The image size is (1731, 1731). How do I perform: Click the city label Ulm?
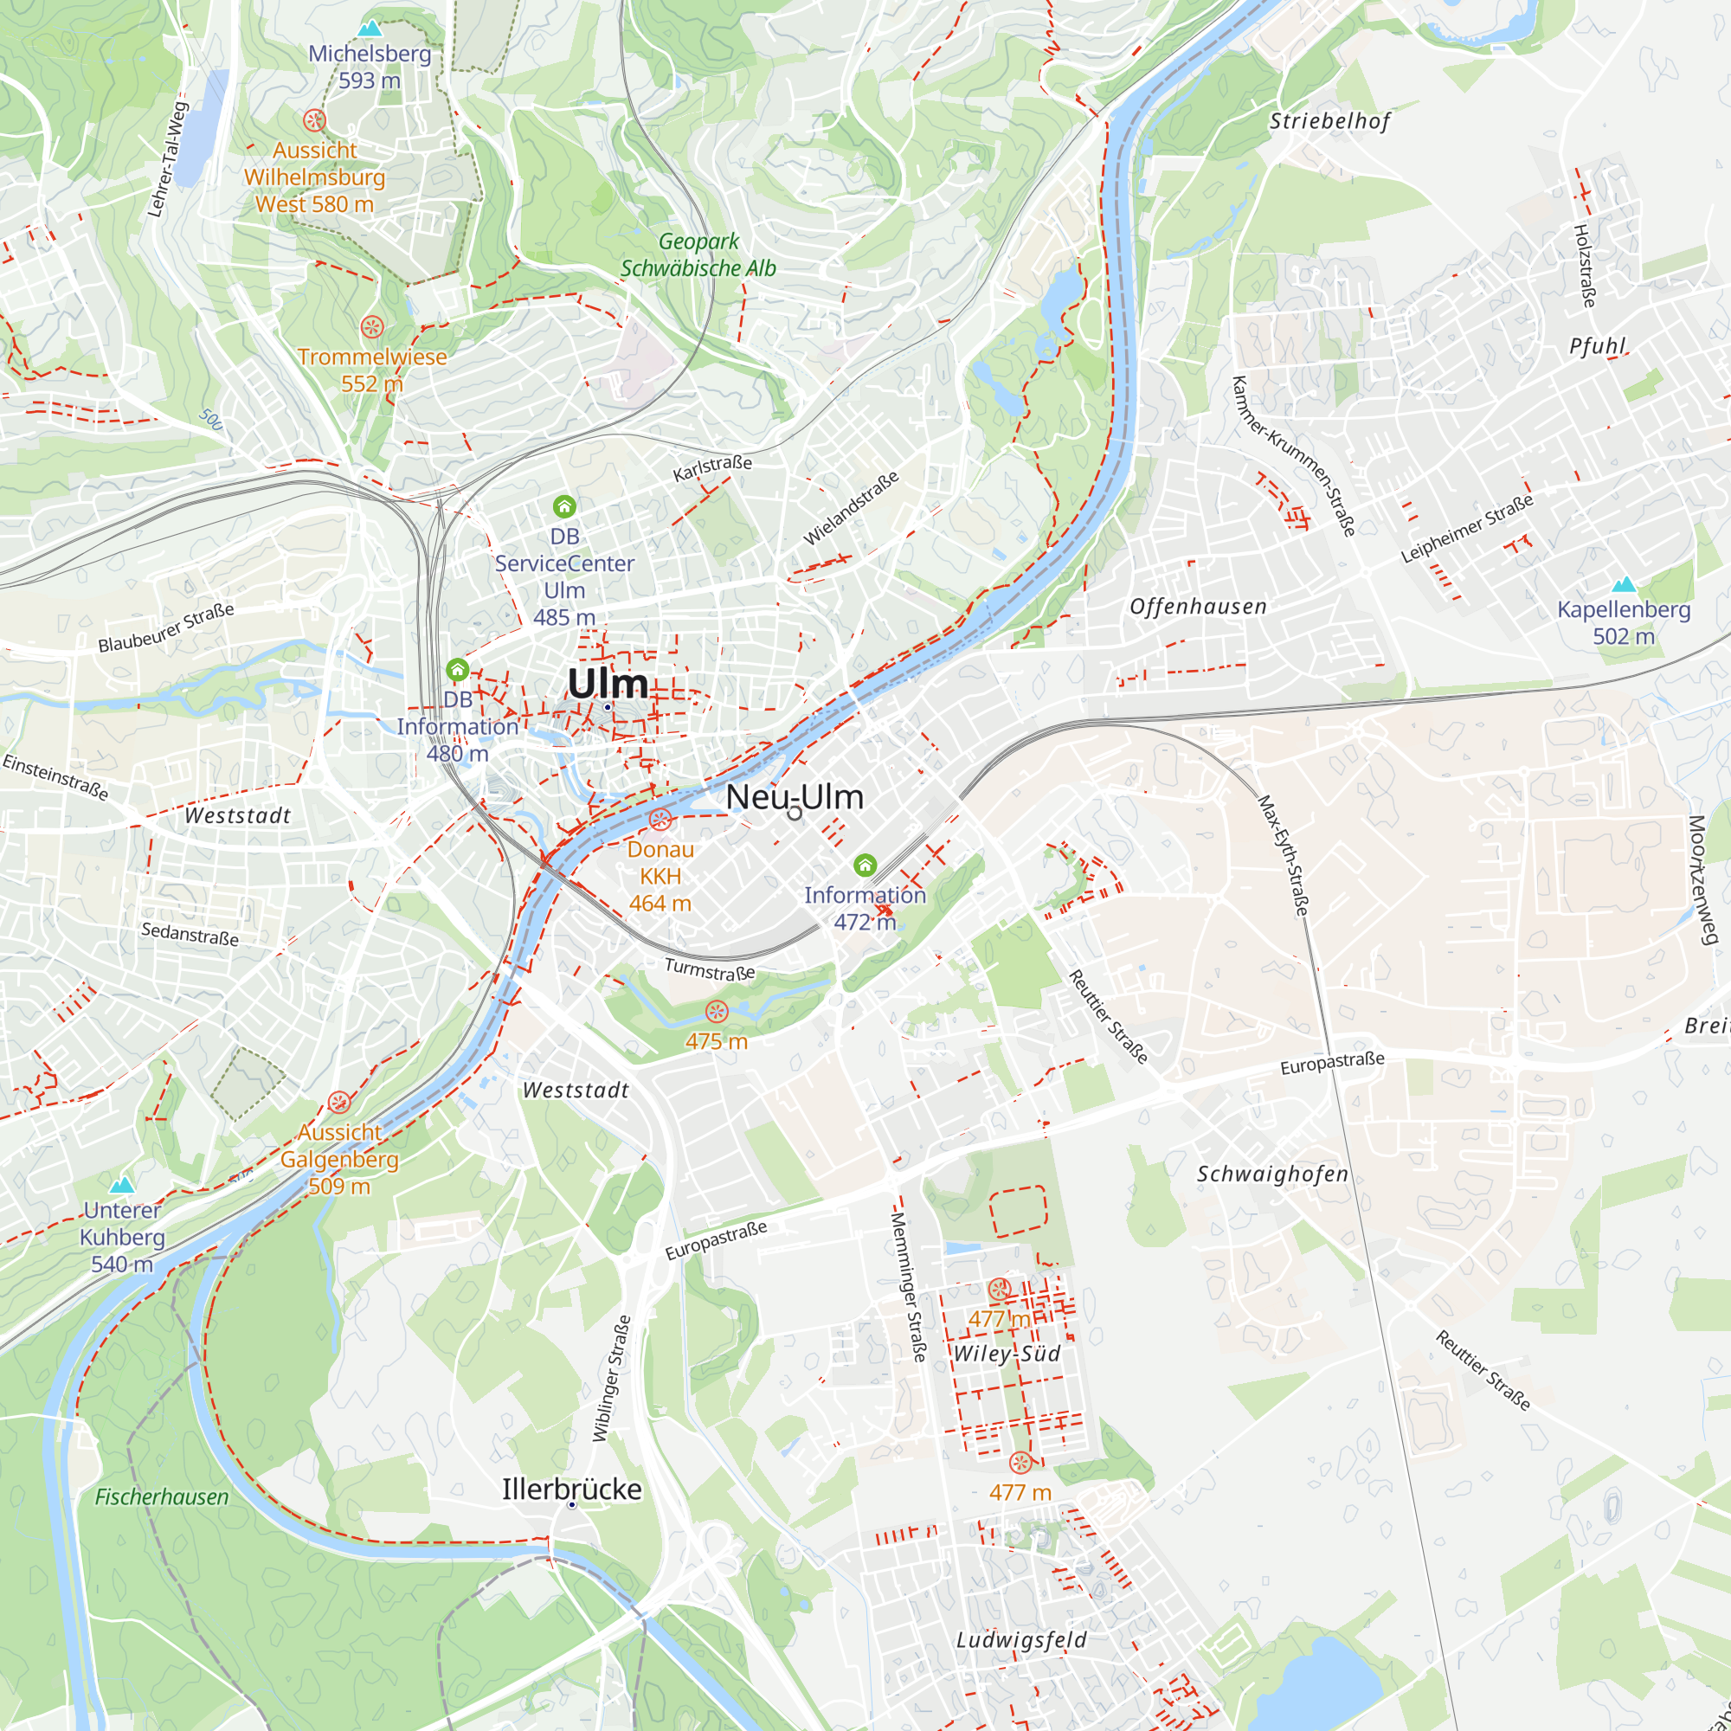(608, 684)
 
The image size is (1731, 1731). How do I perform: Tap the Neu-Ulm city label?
(794, 796)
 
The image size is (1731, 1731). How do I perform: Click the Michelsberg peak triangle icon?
(370, 29)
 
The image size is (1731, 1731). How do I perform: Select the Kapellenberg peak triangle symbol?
(1624, 585)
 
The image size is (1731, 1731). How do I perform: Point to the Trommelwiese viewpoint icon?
(372, 327)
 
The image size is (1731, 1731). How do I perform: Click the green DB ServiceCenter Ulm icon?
(563, 507)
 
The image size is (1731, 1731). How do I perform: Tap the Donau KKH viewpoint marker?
(660, 819)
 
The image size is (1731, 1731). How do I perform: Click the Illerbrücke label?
(571, 1489)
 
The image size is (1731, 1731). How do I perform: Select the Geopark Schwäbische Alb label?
(698, 254)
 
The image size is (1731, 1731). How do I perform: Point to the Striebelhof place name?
(1329, 121)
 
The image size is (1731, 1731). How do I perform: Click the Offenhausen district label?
(1198, 607)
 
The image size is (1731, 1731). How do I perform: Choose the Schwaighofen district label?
(1272, 1174)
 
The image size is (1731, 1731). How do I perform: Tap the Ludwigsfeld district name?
(1021, 1639)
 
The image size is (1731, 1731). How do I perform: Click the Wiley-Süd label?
(1007, 1353)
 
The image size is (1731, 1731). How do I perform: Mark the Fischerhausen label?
(161, 1496)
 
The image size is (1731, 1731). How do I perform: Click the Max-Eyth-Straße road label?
(1283, 856)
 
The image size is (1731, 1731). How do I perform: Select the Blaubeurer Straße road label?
(166, 628)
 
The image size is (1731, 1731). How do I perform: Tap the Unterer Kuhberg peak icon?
(122, 1187)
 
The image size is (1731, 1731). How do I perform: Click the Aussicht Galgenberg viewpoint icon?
(338, 1102)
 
